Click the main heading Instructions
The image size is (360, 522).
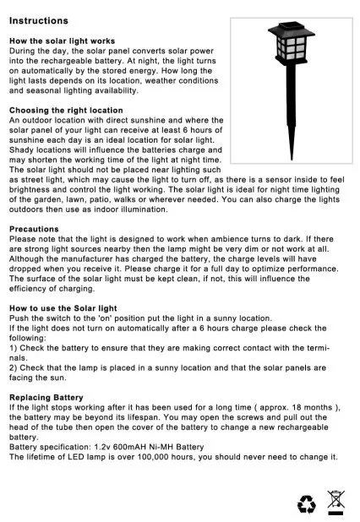click(38, 19)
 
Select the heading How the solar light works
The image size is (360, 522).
click(62, 41)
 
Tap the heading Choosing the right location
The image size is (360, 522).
click(66, 111)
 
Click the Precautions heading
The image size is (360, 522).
click(34, 229)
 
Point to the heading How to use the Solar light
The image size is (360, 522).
click(63, 308)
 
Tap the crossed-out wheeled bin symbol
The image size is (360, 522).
click(336, 500)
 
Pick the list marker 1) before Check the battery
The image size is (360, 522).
click(14, 347)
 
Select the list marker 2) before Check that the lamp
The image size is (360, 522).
click(14, 367)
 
